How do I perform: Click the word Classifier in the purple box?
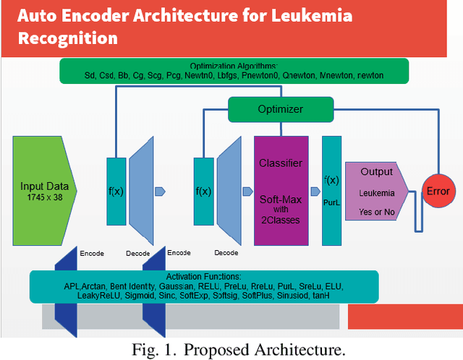(x=281, y=163)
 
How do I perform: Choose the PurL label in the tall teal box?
(x=331, y=204)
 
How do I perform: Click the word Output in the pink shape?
(x=376, y=172)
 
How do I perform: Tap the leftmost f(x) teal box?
(x=116, y=192)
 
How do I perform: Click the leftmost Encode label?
(x=92, y=254)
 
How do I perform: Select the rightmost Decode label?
(x=226, y=254)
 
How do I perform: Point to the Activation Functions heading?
(x=203, y=277)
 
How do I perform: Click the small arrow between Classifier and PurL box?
(x=315, y=192)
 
